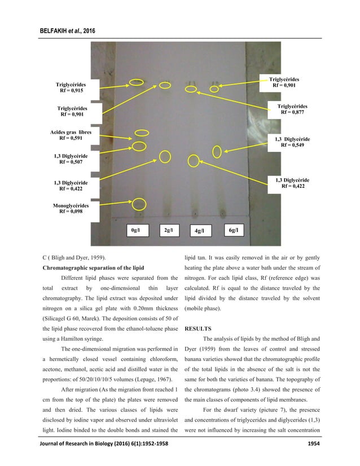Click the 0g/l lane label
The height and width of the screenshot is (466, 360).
[135, 230]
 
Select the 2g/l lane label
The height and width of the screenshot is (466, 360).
[168, 230]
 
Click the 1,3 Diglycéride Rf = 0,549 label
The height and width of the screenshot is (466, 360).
[292, 141]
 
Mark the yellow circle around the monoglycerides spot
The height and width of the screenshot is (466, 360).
[139, 204]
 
